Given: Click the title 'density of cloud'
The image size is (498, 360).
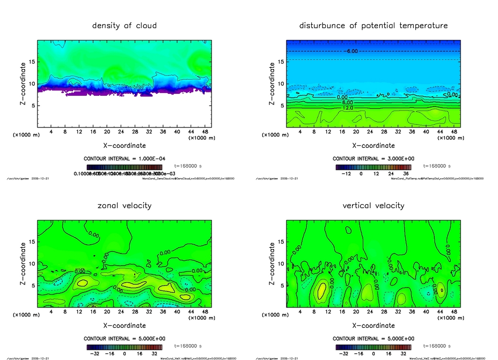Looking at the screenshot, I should tap(124, 25).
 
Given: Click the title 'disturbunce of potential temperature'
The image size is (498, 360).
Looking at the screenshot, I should tap(373, 25).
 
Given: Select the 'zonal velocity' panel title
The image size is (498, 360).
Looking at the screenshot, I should tap(124, 205).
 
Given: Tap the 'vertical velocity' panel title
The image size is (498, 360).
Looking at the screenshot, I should tap(373, 205).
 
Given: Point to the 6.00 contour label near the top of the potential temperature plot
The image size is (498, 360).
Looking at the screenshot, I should tap(352, 51).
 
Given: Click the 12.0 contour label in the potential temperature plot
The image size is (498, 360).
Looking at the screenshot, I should tap(348, 108).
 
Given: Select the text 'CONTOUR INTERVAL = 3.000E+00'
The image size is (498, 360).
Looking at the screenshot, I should tap(373, 159).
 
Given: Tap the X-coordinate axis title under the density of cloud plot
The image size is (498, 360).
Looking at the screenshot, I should tap(124, 145).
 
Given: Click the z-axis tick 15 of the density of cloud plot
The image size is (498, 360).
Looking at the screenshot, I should tap(32, 62).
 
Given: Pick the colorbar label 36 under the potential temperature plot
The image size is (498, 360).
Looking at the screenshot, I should tap(406, 173).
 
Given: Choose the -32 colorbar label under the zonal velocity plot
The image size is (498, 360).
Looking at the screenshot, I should tap(95, 354).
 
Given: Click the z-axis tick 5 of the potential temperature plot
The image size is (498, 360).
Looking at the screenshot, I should tap(282, 106).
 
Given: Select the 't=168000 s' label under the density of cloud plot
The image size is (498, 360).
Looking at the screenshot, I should tap(187, 166).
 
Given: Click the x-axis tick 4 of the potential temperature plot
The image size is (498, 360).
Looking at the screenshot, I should tap(300, 132).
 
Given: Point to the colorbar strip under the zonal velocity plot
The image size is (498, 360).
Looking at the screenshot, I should tap(124, 347).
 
